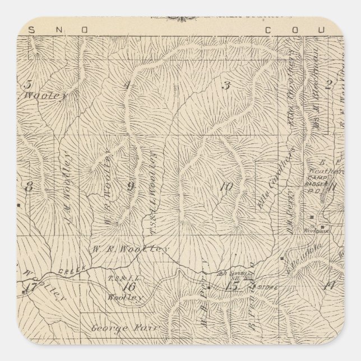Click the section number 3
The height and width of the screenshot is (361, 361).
(227, 86)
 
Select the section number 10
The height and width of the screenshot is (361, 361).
(226, 187)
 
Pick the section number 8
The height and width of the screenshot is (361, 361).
(28, 187)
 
